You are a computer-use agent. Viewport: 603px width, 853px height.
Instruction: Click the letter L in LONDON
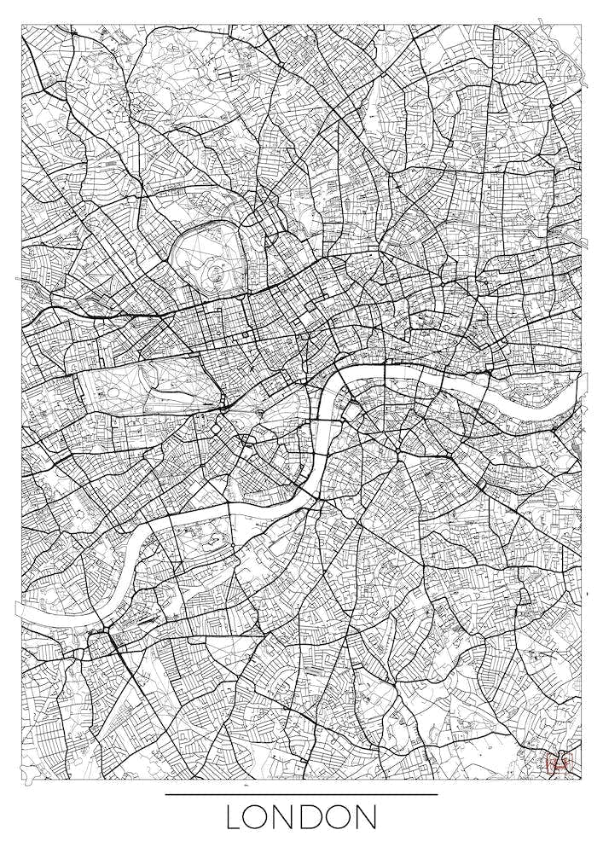(x=235, y=817)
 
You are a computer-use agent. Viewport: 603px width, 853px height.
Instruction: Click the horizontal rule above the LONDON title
(x=301, y=794)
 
